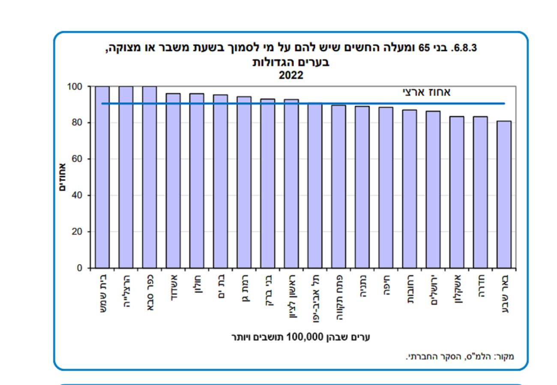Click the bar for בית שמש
click(x=102, y=177)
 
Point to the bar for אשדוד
click(x=173, y=180)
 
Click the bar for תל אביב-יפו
click(x=314, y=185)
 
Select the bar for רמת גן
click(x=244, y=182)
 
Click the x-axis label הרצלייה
click(x=126, y=292)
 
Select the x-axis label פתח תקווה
click(x=338, y=298)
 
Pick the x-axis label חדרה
click(x=480, y=287)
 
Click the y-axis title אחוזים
click(x=62, y=177)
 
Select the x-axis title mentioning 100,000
click(x=300, y=337)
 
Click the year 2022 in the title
click(x=291, y=75)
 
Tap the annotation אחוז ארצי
click(x=427, y=92)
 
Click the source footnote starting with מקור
click(x=460, y=356)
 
